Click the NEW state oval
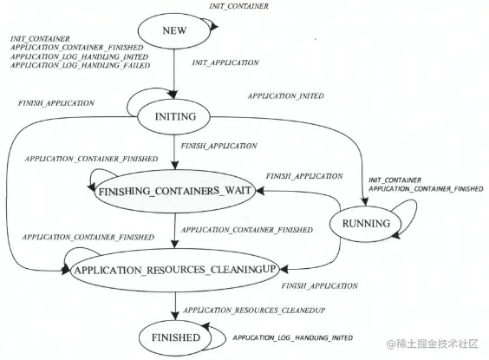point(175,31)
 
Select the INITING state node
point(176,116)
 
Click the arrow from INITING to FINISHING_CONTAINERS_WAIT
point(176,152)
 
